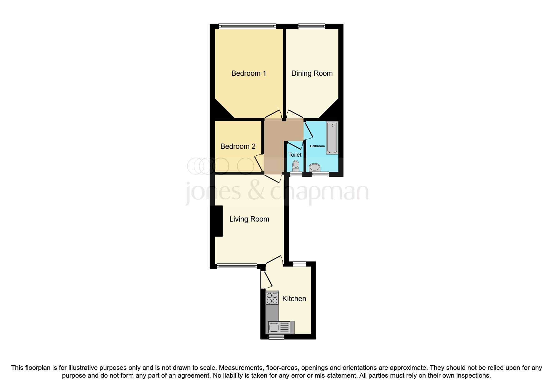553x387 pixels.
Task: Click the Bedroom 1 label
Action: (249, 73)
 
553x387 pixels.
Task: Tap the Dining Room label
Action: (312, 73)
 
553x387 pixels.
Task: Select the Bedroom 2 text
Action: (238, 146)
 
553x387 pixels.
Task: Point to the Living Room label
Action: (249, 219)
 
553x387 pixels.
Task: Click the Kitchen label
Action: (294, 299)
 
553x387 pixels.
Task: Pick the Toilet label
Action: (295, 155)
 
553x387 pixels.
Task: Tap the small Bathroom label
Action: (317, 146)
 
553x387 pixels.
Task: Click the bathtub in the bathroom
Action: (332, 138)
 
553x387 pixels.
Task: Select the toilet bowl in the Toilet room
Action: (295, 165)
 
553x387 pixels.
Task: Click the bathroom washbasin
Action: (315, 168)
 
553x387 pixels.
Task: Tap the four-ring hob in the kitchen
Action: (272, 298)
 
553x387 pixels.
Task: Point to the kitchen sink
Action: (274, 327)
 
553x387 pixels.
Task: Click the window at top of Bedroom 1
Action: (247, 27)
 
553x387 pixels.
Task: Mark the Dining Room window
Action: (311, 27)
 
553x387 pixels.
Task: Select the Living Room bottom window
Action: (237, 266)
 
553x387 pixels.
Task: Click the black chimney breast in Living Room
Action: (218, 221)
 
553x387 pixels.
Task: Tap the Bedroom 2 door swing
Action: (259, 162)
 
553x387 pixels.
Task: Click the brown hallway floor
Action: (274, 147)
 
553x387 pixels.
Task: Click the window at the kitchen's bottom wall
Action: (276, 337)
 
